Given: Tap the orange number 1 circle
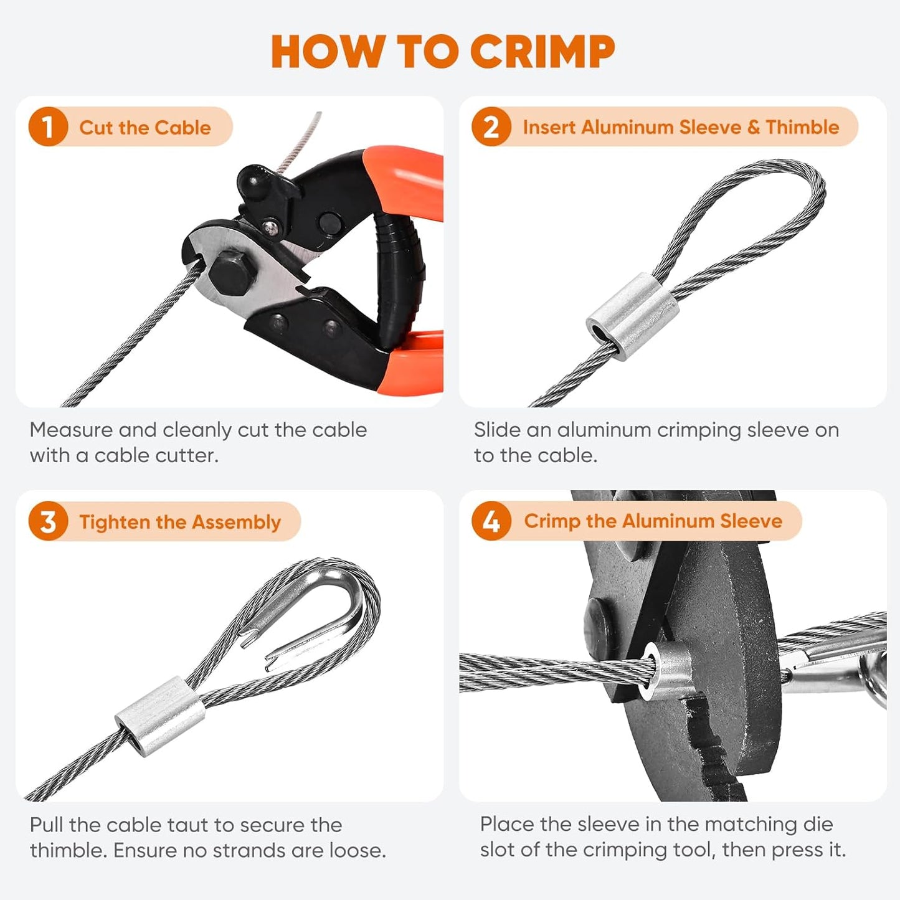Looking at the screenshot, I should click(47, 127).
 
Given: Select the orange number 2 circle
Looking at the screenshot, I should click(491, 127).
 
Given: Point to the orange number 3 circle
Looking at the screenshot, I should click(47, 521).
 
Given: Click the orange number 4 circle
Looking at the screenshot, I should click(491, 521).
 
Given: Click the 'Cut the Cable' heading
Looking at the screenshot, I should click(144, 128).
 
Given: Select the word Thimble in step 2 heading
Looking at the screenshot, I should click(802, 127).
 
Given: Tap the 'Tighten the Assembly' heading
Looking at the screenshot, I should click(179, 522).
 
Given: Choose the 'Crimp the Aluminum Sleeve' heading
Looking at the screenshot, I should click(653, 521).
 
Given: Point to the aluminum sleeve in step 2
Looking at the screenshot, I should click(632, 316).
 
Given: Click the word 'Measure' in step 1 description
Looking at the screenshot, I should click(71, 430).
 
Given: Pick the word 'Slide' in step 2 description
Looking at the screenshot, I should click(496, 430).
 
